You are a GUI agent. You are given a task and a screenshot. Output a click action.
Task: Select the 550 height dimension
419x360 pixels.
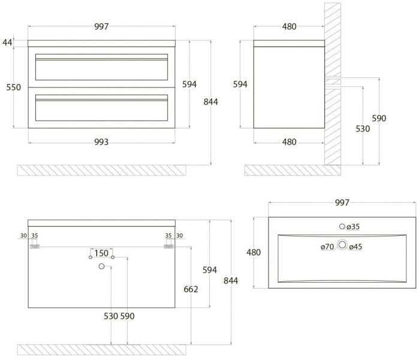13,87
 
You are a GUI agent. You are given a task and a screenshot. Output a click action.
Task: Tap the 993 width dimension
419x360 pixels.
101,142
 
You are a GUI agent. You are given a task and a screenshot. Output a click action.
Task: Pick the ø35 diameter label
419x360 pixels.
353,227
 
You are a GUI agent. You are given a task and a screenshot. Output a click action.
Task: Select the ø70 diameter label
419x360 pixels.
327,246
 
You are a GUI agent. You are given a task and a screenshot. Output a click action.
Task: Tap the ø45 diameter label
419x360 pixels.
356,246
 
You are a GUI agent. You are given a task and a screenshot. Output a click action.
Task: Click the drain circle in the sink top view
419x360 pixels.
342,245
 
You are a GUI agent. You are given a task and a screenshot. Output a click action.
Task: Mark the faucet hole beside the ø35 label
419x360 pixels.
342,227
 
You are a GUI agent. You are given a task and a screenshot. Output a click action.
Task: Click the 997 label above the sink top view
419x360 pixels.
341,203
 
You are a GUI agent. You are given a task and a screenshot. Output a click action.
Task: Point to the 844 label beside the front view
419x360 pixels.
210,101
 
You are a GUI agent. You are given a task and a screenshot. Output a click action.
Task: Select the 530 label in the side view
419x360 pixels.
362,128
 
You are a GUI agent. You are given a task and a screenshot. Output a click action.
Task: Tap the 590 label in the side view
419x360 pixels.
379,118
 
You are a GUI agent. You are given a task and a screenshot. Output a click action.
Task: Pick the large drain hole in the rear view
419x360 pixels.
101,266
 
